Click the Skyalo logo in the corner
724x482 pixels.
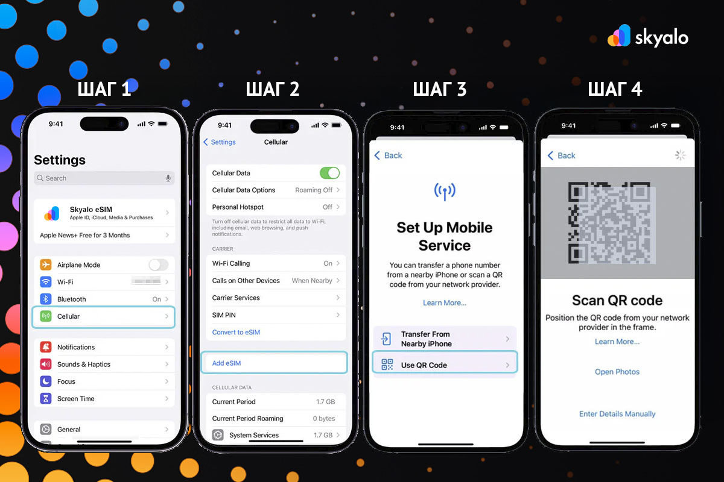(647, 37)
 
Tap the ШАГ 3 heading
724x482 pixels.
(439, 89)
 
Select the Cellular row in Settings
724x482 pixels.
(104, 316)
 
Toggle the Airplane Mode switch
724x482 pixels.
(158, 264)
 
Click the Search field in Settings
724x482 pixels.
(104, 178)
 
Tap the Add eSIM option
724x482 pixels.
(275, 363)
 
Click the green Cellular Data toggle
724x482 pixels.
(329, 173)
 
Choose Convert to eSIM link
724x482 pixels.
(236, 332)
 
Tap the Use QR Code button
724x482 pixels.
(445, 365)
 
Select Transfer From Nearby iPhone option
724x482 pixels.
(445, 339)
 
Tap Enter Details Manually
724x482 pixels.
(617, 414)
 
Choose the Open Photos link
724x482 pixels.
(617, 372)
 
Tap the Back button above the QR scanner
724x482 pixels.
(561, 155)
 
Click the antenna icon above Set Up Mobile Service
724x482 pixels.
(445, 192)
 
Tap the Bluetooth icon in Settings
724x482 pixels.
(46, 299)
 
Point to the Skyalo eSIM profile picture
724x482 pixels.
(52, 213)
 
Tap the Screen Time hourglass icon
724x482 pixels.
(46, 398)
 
